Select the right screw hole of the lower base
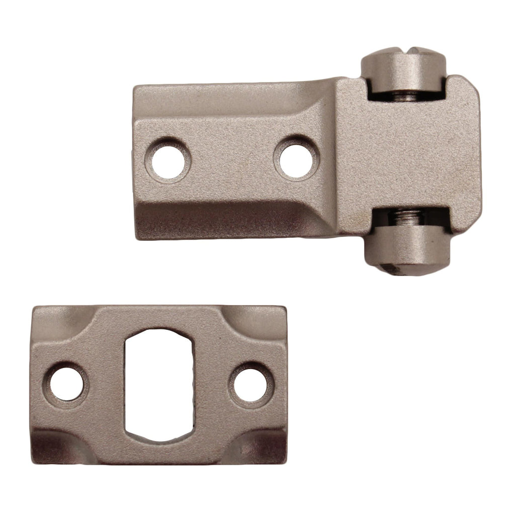[250, 385]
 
